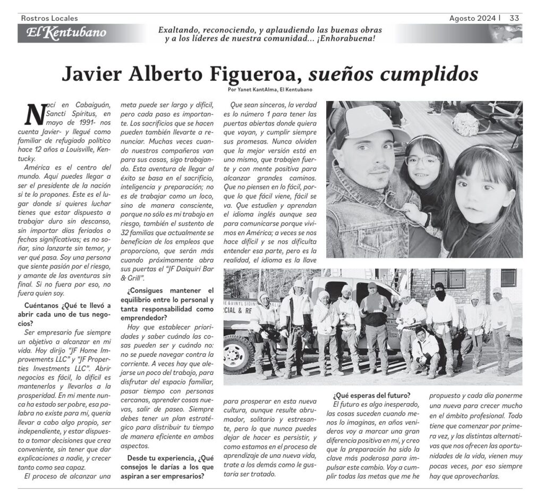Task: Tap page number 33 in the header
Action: pyautogui.click(x=514, y=18)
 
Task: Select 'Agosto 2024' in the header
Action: pyautogui.click(x=472, y=18)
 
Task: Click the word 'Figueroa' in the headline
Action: pyautogui.click(x=249, y=73)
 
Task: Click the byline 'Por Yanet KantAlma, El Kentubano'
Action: pyautogui.click(x=269, y=89)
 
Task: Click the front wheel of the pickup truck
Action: pyautogui.click(x=239, y=354)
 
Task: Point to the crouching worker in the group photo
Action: pyautogui.click(x=426, y=354)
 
